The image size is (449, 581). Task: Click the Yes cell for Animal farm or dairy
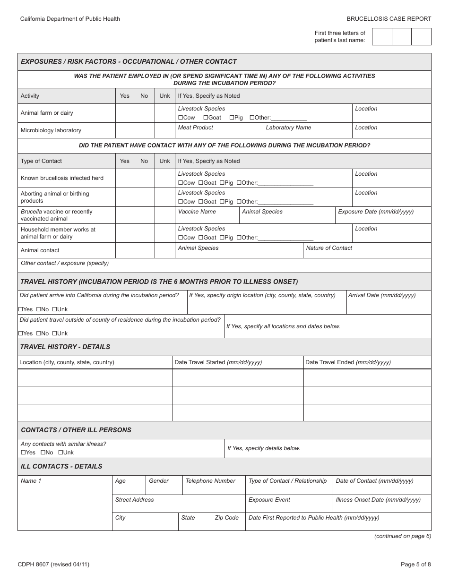click(x=125, y=113)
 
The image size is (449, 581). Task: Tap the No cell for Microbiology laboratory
click(x=144, y=130)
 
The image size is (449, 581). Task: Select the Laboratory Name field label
click(x=288, y=128)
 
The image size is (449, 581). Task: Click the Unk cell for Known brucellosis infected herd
click(x=164, y=179)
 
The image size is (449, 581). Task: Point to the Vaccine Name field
click(x=197, y=212)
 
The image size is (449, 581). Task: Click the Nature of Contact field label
click(x=329, y=248)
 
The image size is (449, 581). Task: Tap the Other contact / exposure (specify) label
click(x=65, y=263)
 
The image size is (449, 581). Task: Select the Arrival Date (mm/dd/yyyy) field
click(x=382, y=295)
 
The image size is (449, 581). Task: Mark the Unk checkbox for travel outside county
click(x=54, y=333)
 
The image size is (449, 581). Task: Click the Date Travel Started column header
click(x=218, y=362)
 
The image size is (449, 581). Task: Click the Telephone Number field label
click(x=210, y=481)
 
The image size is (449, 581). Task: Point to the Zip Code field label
click(x=226, y=518)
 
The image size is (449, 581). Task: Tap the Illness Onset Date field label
click(x=378, y=500)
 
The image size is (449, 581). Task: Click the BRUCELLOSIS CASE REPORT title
click(x=389, y=19)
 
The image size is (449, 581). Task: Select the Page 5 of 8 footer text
click(x=415, y=564)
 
